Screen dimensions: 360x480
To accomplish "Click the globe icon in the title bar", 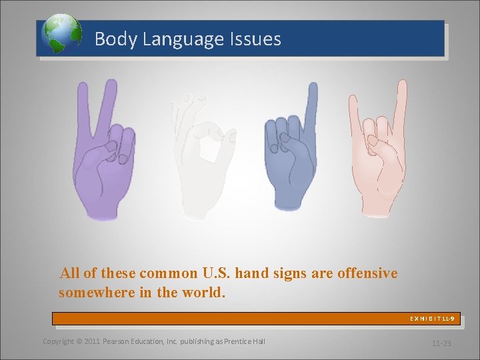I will point(61,34).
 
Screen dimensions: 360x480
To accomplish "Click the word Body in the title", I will point(111,39).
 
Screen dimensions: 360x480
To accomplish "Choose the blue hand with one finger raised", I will point(290,160).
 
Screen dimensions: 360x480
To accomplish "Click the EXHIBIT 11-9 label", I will point(432,319).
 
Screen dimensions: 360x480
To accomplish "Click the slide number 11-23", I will point(441,343).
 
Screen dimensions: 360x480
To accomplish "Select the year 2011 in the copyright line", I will point(93,341).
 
